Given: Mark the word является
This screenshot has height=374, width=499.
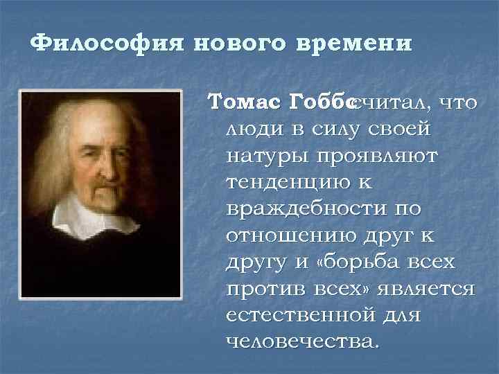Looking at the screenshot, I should (425, 287).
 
